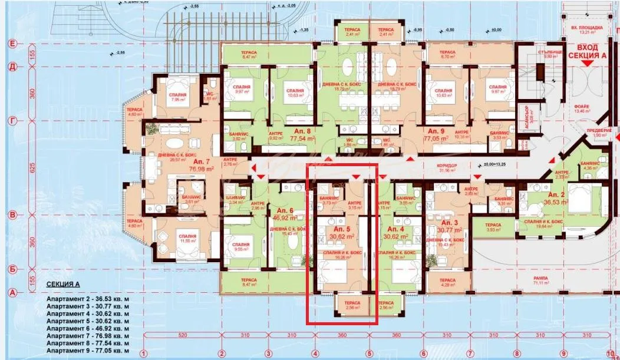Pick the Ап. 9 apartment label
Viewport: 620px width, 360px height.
click(437, 131)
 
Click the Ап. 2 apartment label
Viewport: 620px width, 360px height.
click(557, 194)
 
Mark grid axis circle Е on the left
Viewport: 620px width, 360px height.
click(11, 44)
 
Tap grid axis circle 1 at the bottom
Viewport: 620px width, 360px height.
click(143, 354)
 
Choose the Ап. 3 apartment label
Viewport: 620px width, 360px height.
click(449, 223)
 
